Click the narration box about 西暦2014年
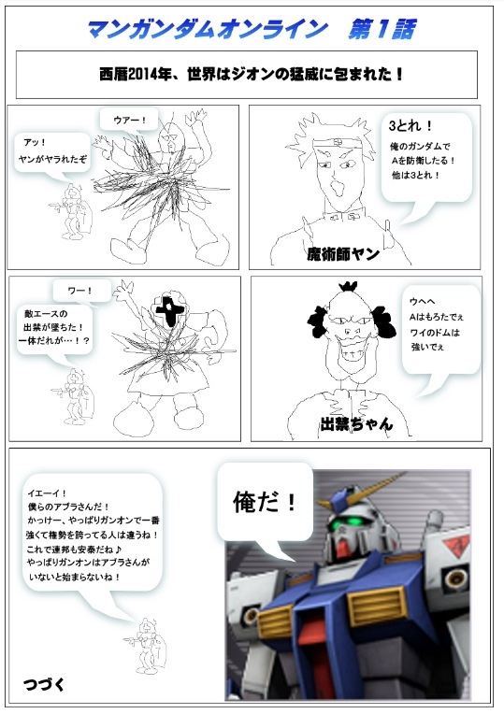(246, 74)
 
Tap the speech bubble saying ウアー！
(128, 120)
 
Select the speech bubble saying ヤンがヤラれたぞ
(54, 152)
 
